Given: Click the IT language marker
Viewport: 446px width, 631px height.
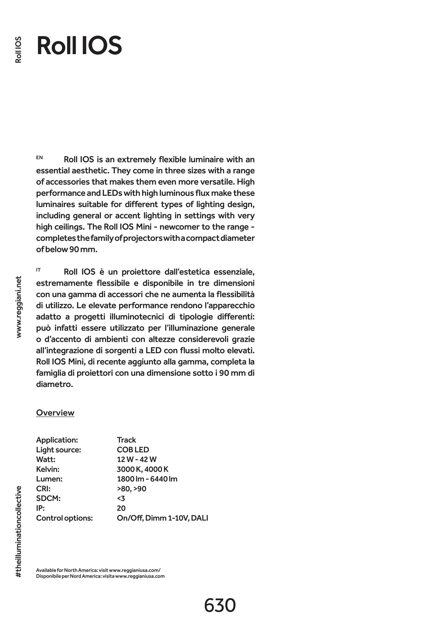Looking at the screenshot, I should tap(38, 270).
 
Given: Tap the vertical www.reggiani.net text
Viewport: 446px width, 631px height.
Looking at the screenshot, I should tap(19, 307).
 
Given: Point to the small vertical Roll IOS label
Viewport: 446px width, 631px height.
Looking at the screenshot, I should tap(19, 49).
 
